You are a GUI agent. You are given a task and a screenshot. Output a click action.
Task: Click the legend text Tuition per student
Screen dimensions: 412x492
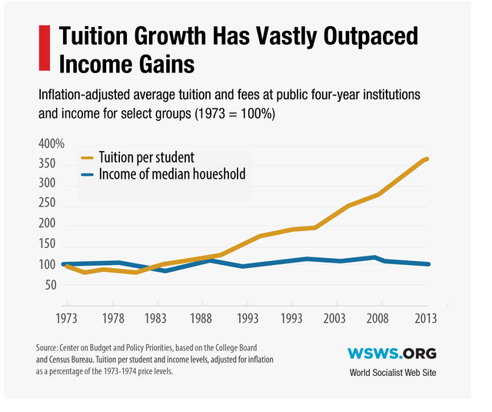tap(145, 158)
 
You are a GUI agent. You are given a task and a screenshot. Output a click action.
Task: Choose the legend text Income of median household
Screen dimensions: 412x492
tap(172, 175)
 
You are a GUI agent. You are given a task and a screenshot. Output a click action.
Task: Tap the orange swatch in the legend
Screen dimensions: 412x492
tap(88, 159)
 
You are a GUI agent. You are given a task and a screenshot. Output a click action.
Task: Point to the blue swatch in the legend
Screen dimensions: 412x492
tap(88, 175)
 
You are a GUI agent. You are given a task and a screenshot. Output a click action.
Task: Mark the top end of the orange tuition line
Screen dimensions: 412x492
tap(427, 159)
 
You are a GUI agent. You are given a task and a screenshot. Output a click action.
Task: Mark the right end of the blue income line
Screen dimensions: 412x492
tap(428, 264)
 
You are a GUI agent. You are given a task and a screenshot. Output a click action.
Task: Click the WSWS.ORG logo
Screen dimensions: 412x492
tap(391, 353)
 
